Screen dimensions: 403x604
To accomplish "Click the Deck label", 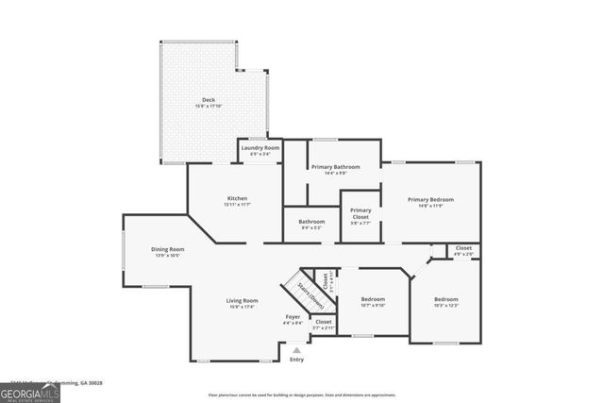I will click(x=209, y=100).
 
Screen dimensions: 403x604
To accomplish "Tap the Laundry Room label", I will click(x=260, y=148).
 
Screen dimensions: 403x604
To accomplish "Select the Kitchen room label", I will click(x=236, y=198).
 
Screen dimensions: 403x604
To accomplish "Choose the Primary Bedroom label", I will click(x=430, y=199).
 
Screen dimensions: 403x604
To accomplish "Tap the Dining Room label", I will click(x=167, y=249).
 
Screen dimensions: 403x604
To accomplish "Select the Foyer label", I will click(x=293, y=316).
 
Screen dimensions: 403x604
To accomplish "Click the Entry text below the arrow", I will click(x=296, y=360).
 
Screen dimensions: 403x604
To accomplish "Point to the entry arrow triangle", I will click(x=296, y=349).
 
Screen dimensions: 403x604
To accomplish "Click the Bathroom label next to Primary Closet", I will click(x=311, y=222).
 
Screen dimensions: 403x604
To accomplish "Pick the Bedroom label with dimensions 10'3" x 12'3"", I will click(x=445, y=299).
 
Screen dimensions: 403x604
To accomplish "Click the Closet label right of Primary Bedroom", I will click(x=463, y=248).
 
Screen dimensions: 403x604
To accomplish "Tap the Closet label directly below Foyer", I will click(x=323, y=322).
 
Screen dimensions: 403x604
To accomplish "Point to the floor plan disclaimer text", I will click(x=302, y=395).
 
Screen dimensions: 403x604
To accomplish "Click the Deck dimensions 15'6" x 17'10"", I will click(x=209, y=107).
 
